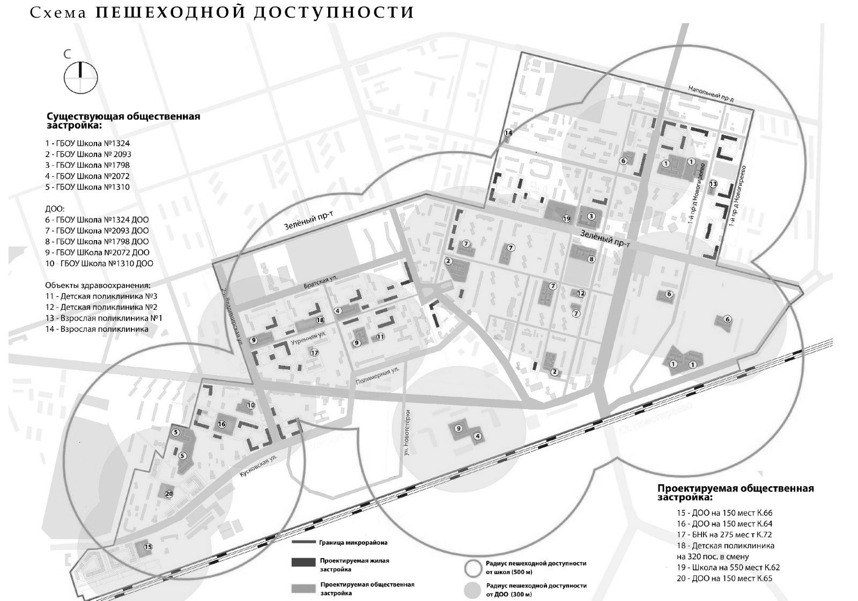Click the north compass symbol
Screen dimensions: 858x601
[81, 77]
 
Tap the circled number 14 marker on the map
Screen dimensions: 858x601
[508, 133]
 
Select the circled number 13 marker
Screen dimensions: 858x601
[713, 184]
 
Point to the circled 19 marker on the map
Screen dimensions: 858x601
[566, 218]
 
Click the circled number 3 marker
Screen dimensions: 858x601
[591, 217]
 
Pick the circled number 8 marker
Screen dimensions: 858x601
[591, 259]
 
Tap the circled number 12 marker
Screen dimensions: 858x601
[581, 293]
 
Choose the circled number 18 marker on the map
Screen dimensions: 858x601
[320, 320]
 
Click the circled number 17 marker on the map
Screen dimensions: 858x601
[314, 353]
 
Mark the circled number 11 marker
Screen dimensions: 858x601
[380, 337]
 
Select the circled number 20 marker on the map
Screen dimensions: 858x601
[169, 494]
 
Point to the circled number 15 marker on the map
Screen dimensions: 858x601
[148, 547]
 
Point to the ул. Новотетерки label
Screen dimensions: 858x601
[408, 433]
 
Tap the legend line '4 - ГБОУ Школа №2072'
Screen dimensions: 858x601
[87, 176]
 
